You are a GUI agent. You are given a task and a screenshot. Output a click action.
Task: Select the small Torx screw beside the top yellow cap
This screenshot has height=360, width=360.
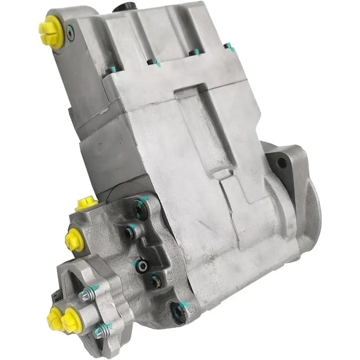coord(68,32)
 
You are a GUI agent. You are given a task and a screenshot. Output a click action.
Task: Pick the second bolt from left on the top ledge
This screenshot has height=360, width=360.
coord(152,61)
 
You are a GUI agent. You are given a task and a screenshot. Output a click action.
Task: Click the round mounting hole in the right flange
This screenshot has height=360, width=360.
coord(283,163)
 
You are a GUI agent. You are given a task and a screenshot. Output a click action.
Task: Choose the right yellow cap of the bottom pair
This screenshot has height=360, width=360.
coord(71,320)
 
